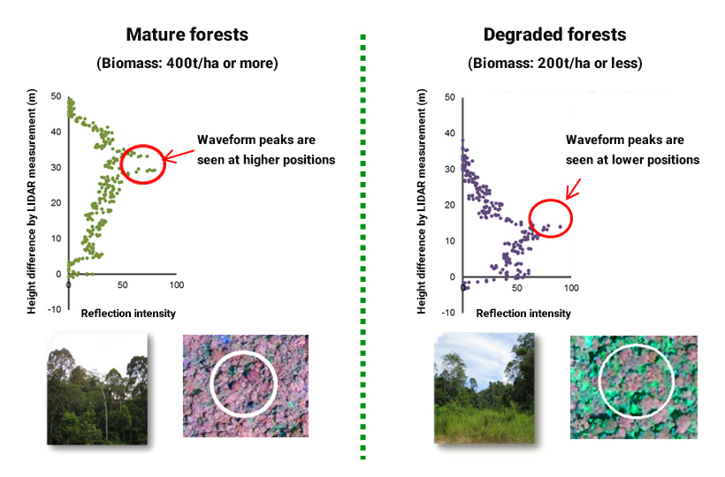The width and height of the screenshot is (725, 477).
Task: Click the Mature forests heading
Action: [x=187, y=34]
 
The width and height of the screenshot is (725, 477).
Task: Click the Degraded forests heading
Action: [x=554, y=34]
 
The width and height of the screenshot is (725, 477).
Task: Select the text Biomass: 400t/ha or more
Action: [x=187, y=64]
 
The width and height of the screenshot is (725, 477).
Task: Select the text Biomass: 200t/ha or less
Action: [x=555, y=64]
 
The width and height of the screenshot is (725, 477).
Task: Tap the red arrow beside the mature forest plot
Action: [x=179, y=155]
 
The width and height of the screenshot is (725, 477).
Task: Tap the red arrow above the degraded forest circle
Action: [x=573, y=189]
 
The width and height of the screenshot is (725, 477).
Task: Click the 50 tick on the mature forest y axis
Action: [x=56, y=96]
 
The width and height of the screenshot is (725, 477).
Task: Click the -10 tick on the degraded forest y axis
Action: [x=448, y=313]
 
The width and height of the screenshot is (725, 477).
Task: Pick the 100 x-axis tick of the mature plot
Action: [x=177, y=285]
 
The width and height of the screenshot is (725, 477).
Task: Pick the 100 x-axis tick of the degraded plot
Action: [x=571, y=288]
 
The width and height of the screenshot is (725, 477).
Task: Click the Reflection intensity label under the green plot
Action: [x=128, y=314]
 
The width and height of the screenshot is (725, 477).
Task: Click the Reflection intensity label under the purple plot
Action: [x=523, y=314]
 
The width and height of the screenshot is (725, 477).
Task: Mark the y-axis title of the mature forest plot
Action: [x=32, y=201]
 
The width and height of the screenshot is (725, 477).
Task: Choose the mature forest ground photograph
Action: [x=97, y=389]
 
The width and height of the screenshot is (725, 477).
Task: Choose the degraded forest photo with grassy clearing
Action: [x=485, y=389]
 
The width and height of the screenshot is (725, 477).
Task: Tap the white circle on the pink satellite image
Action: [x=210, y=384]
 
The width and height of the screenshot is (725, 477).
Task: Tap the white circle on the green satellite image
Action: [x=599, y=381]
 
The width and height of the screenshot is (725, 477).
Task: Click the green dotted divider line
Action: [x=363, y=247]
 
